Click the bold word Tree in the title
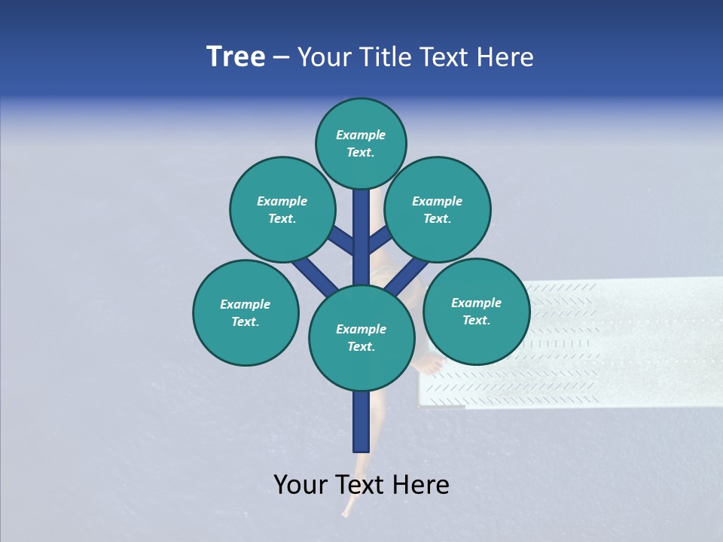236,57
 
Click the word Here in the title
504,57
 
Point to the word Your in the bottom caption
300,485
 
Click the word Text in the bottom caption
360,485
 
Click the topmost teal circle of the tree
361,144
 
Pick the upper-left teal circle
282,210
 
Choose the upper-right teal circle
438,210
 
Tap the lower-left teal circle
246,313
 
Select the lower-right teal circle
476,312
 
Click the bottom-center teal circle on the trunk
361,338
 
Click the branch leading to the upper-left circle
341,240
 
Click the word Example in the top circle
361,135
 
